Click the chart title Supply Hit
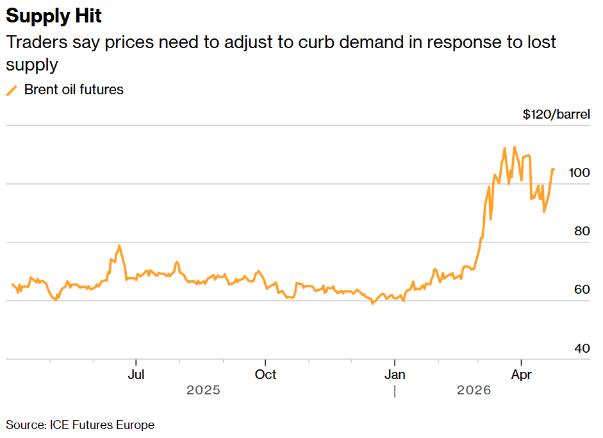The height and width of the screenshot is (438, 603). [54, 16]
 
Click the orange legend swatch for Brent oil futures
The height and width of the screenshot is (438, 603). [12, 91]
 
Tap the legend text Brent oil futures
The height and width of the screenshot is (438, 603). [74, 90]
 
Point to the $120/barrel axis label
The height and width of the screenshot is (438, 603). [556, 114]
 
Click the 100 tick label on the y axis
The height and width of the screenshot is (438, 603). [579, 173]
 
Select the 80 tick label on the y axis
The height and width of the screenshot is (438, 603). [582, 231]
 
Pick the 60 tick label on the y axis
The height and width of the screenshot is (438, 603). [582, 289]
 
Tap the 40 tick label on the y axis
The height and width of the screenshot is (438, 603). [582, 348]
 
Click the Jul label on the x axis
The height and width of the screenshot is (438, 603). [136, 375]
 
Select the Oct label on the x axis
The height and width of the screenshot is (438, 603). [265, 375]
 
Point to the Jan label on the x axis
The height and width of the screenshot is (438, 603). [395, 375]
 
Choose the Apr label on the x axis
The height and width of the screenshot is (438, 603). [521, 375]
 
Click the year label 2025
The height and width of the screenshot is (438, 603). [203, 391]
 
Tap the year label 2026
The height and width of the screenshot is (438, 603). [474, 391]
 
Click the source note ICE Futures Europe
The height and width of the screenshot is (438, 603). [102, 425]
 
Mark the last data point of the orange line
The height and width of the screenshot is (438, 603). [554, 169]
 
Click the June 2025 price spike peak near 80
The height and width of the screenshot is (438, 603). [119, 246]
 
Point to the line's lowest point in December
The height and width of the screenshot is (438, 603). [372, 304]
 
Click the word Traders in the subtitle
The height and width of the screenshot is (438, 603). [37, 42]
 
